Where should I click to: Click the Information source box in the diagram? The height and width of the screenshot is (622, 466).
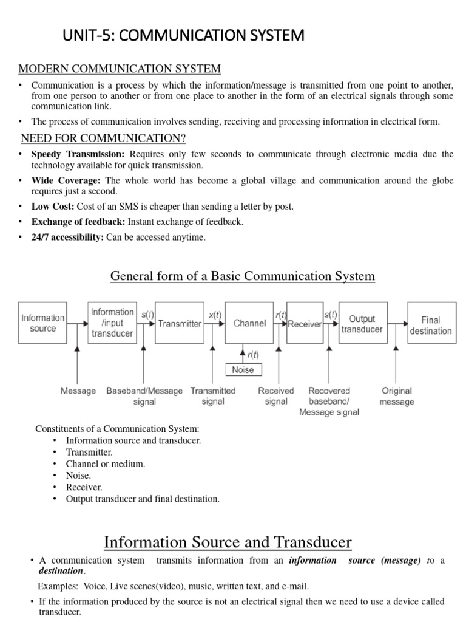(43, 323)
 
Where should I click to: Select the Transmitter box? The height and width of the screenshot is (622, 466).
(180, 323)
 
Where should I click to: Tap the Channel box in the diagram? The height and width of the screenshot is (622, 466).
(249, 323)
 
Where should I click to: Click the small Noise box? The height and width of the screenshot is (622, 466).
(243, 369)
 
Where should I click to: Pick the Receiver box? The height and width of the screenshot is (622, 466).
(305, 324)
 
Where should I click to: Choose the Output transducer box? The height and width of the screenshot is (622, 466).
(362, 323)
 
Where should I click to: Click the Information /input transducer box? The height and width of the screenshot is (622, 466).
(112, 323)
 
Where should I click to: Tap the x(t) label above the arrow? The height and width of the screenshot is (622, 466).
(215, 315)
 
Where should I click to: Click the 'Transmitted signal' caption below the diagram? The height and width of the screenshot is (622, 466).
(213, 396)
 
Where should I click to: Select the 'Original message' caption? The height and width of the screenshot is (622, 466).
(397, 396)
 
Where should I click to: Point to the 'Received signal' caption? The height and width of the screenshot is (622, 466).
(276, 396)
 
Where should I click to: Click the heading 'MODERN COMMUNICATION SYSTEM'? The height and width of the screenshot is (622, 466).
(120, 69)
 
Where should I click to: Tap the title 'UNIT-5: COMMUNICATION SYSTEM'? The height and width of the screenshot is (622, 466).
(183, 36)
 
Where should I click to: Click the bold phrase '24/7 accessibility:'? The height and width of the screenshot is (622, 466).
(67, 237)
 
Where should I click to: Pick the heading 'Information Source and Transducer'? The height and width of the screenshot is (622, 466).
(228, 541)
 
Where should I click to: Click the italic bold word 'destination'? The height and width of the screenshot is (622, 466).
(61, 571)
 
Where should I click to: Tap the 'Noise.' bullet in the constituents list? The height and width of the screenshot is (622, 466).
(78, 475)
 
